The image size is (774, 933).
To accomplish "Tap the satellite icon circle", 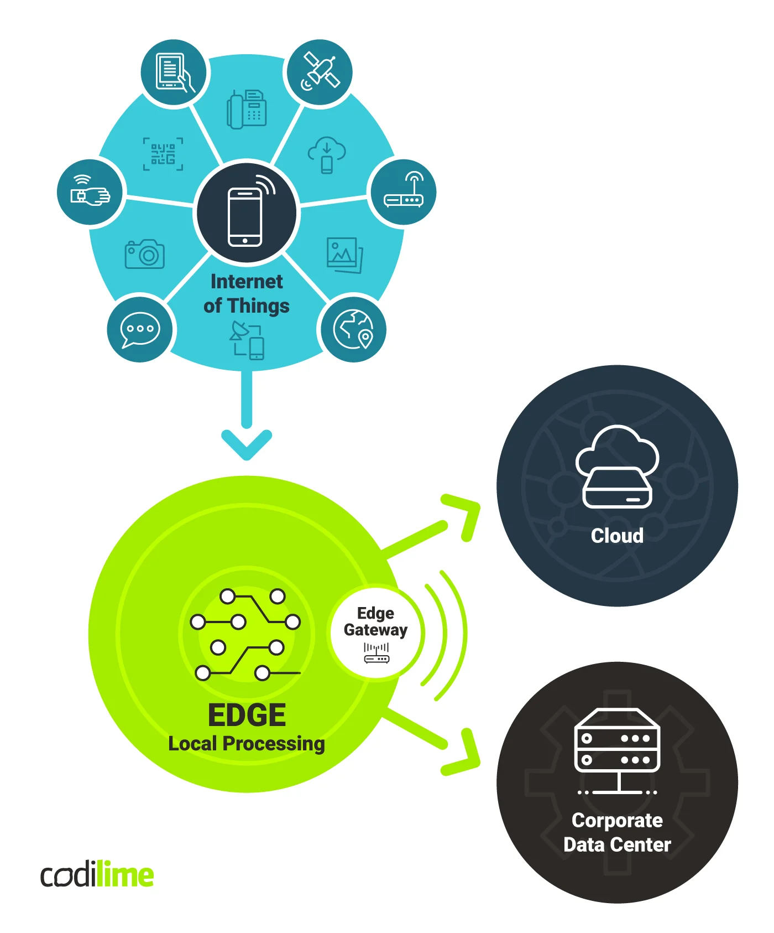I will (x=319, y=72).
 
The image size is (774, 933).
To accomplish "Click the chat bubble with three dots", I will (x=140, y=329).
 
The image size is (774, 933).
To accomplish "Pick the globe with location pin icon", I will (x=353, y=330).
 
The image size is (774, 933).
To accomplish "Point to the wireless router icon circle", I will (x=404, y=192).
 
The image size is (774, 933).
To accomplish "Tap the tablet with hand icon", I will (x=174, y=72).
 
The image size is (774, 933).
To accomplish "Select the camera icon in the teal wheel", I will (x=145, y=255).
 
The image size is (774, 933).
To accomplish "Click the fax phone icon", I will (x=247, y=109).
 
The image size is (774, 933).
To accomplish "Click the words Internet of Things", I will (x=247, y=293).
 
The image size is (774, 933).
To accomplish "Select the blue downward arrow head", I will (x=247, y=443).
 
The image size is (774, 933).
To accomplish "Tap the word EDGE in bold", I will (x=247, y=715).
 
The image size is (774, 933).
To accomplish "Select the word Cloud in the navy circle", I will (x=617, y=536).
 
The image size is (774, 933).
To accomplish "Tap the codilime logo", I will (x=97, y=875).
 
